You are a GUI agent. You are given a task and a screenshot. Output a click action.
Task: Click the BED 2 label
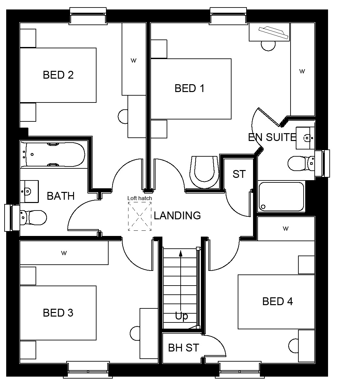(x=58, y=75)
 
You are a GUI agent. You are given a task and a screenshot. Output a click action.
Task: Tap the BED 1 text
(x=189, y=88)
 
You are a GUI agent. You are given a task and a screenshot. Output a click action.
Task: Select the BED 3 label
(x=58, y=313)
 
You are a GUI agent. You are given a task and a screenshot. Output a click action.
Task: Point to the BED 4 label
(x=277, y=301)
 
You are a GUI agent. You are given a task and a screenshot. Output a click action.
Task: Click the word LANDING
(x=177, y=215)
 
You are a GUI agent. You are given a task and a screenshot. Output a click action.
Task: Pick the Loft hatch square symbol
(x=140, y=216)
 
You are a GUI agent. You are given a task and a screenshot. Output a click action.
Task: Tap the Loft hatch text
(x=140, y=198)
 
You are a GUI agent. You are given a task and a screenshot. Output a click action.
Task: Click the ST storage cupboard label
(x=239, y=174)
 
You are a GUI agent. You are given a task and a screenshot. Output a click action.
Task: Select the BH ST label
(x=183, y=348)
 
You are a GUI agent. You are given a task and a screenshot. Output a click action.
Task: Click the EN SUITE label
(x=272, y=137)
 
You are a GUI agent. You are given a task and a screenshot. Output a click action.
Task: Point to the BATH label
(x=61, y=196)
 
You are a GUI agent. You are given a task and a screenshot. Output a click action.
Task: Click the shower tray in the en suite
(x=281, y=196)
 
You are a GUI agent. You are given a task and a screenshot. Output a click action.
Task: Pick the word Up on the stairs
(x=181, y=316)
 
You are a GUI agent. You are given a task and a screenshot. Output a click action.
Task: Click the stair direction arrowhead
(x=180, y=253)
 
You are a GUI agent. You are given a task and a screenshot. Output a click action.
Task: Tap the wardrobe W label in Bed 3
(x=64, y=253)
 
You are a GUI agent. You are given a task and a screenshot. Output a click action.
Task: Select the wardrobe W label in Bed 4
(x=286, y=228)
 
